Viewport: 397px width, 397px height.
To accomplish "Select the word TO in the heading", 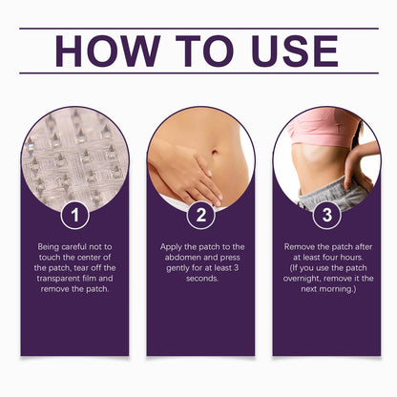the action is [x=204, y=51].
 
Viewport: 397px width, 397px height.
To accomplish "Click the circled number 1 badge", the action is [x=74, y=215].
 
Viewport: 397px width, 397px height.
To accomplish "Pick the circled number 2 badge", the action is [x=201, y=215].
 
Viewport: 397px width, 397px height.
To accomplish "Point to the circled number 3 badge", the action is [x=327, y=215].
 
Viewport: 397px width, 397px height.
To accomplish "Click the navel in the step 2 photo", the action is [x=216, y=151].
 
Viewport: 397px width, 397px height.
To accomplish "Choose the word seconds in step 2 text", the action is [x=202, y=279].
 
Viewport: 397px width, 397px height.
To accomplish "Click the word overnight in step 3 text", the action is [x=302, y=279].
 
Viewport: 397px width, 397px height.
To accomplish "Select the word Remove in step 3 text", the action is [x=300, y=247].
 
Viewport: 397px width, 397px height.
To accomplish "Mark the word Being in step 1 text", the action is [x=49, y=247].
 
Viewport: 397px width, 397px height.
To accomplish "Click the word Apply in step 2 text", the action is [x=171, y=247].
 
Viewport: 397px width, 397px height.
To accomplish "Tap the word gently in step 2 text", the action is [x=178, y=268].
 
